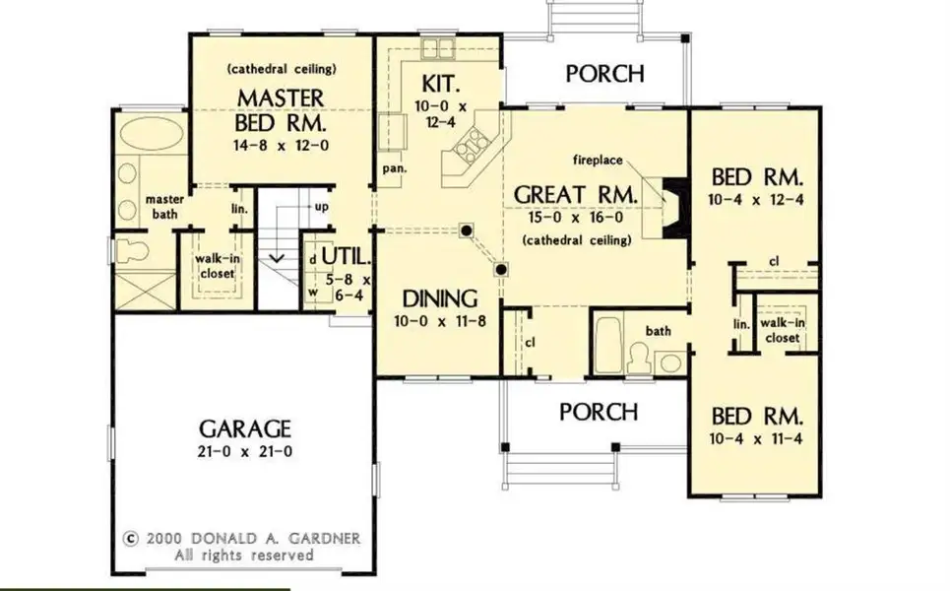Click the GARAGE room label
[245, 428]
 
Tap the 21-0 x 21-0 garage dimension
[245, 452]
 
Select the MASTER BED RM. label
[281, 110]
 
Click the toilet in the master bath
[132, 250]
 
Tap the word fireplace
[602, 159]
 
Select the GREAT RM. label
[576, 194]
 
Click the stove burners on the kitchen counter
[467, 147]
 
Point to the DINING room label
[440, 298]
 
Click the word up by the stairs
[321, 208]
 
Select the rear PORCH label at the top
[605, 73]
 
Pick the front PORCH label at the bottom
[599, 411]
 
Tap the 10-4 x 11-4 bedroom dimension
[757, 436]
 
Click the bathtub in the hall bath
[608, 345]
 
